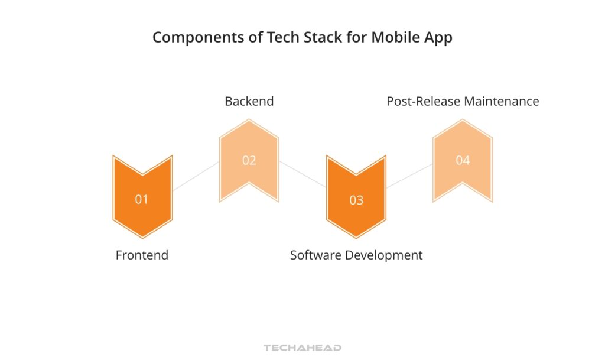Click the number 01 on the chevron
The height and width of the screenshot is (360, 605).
(142, 199)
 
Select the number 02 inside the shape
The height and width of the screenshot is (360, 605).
(249, 160)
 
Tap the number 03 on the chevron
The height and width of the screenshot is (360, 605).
(356, 200)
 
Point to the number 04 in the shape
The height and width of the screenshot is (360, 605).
(463, 160)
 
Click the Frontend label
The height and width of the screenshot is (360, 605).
(142, 255)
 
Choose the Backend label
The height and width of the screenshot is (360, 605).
(249, 101)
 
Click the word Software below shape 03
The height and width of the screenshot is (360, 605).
(316, 255)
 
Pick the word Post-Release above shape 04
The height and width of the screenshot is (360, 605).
(424, 101)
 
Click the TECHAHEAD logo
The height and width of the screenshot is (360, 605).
(302, 348)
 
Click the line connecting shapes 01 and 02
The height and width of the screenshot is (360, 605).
(196, 176)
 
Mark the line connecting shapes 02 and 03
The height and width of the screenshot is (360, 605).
(303, 174)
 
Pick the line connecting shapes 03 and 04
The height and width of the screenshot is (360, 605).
(409, 176)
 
